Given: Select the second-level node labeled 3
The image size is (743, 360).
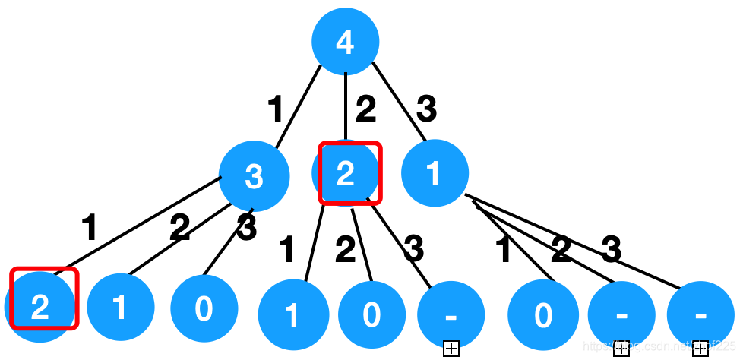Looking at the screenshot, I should (x=254, y=175).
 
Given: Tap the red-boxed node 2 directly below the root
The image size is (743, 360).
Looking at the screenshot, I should (x=346, y=173).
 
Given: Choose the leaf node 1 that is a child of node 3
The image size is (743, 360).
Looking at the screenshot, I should (x=120, y=307).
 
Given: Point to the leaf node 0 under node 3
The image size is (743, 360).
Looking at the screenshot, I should (x=204, y=308).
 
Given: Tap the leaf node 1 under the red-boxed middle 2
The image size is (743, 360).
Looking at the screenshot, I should (x=292, y=314).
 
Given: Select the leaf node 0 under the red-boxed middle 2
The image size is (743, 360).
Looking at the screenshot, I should (x=371, y=314).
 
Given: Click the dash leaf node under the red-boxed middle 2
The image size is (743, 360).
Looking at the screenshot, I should (x=451, y=313).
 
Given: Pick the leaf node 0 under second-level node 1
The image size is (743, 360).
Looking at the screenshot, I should (x=542, y=314).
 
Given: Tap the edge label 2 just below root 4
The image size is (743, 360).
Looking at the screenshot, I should (x=365, y=111).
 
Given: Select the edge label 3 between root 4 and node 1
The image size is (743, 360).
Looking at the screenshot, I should (x=426, y=110).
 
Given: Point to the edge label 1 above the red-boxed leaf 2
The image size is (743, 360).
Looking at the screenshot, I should (x=90, y=227).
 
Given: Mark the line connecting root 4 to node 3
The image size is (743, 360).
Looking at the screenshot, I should (x=297, y=106).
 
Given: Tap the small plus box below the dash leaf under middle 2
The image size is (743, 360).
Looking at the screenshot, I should (x=451, y=349).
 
